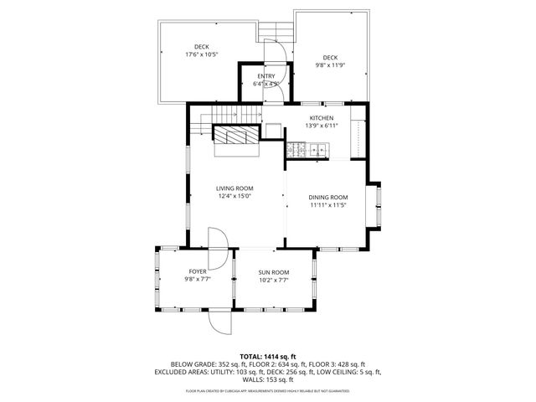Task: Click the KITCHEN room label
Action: click(x=322, y=118)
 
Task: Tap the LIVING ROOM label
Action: click(x=235, y=188)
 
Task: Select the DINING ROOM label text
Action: click(x=328, y=197)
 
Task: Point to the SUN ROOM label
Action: click(x=274, y=272)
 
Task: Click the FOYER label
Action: click(x=197, y=271)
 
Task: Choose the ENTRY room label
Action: click(x=265, y=77)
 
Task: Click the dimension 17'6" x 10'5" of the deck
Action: click(x=202, y=54)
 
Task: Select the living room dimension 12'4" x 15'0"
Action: click(x=235, y=196)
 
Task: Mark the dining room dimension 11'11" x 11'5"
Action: click(x=328, y=204)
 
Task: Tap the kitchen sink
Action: click(x=318, y=150)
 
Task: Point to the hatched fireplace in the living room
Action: click(x=237, y=136)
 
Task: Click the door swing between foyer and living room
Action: click(x=217, y=240)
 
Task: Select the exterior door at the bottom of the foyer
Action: click(x=219, y=321)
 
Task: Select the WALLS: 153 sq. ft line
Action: click(x=267, y=379)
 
